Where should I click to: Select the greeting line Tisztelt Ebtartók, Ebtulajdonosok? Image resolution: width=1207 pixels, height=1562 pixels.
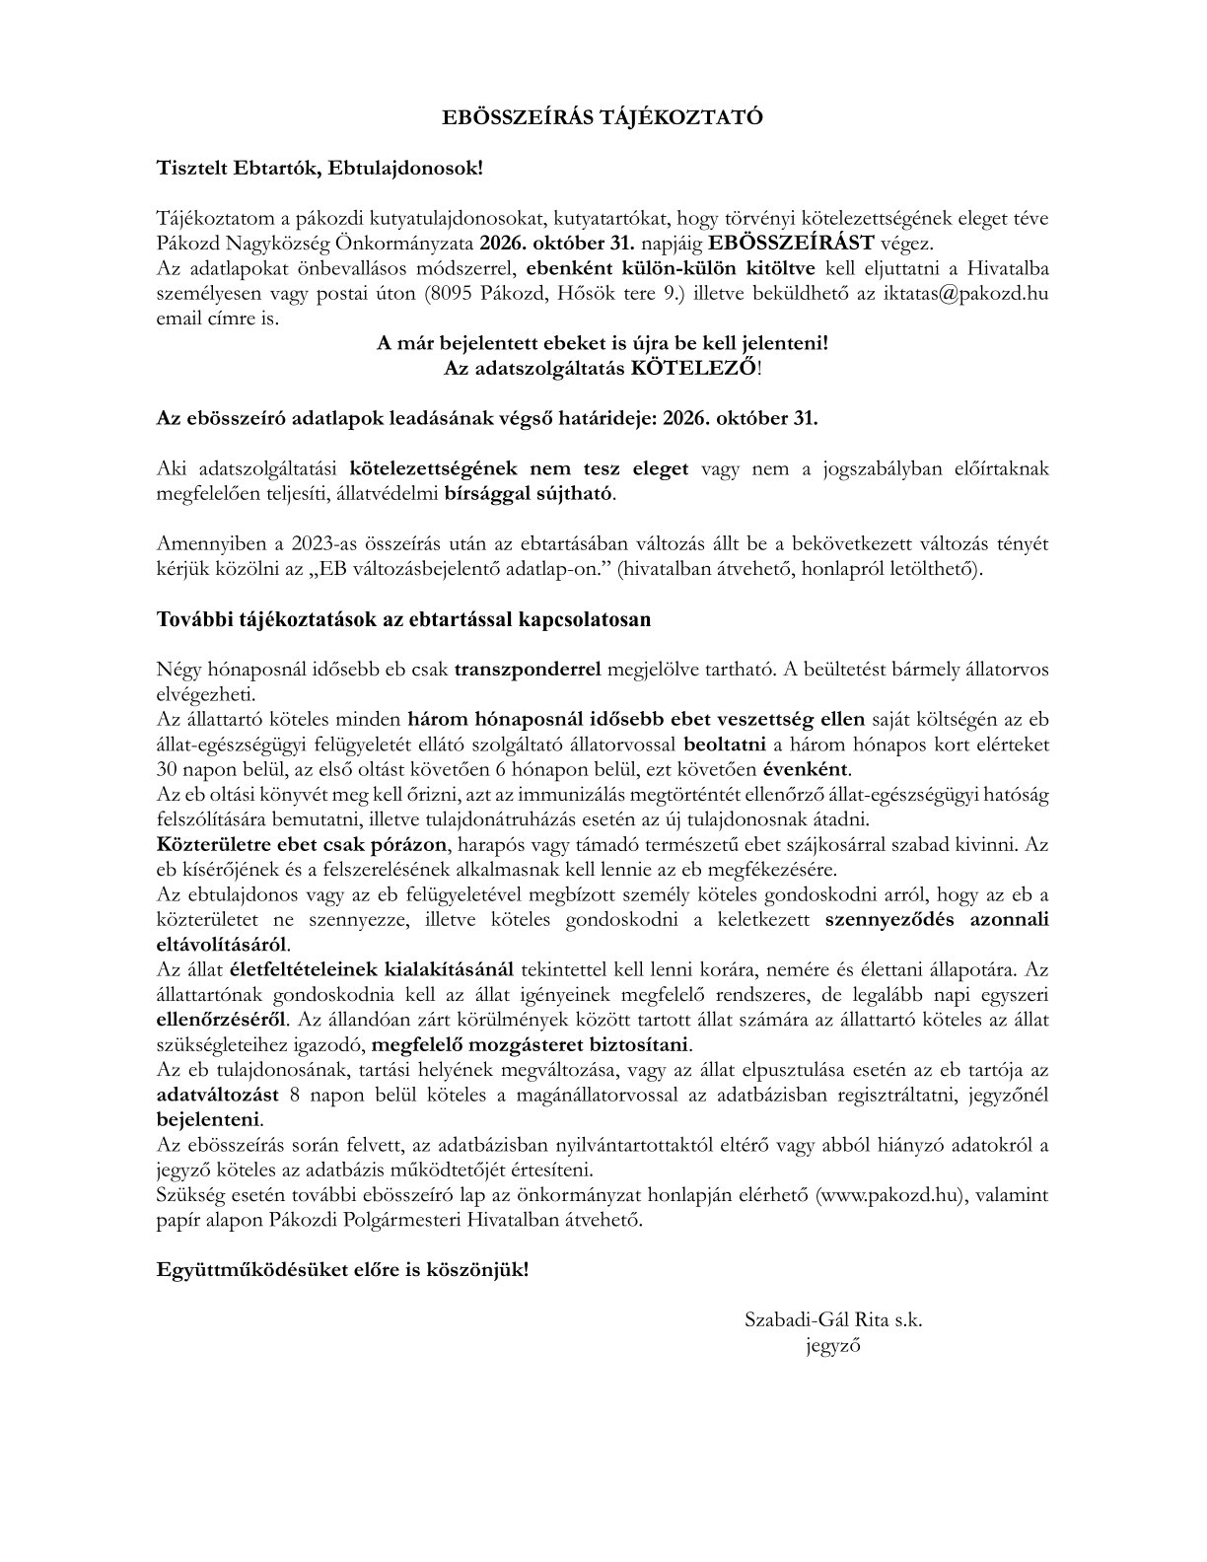pos(320,168)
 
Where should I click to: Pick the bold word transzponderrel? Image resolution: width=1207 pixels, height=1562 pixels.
pos(529,669)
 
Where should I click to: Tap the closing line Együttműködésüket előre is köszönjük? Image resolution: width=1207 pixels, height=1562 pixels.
pos(342,1269)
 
